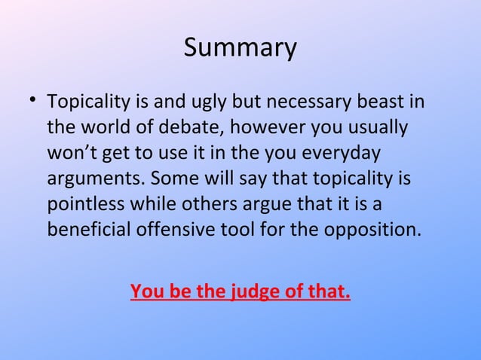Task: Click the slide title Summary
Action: pos(240,47)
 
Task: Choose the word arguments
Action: pos(95,179)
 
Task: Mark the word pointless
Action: pos(84,203)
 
